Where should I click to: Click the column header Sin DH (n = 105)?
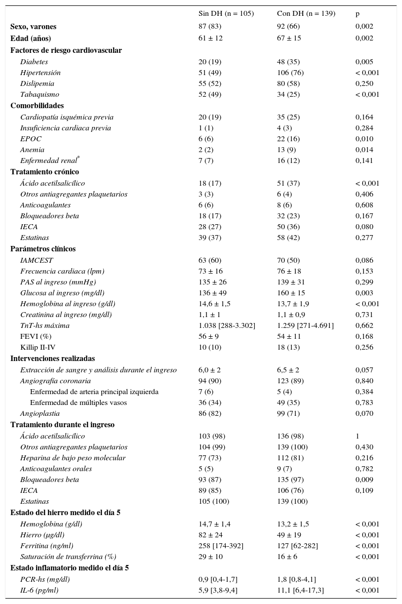[226, 14]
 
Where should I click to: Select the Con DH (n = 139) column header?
[306, 14]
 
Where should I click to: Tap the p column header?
[358, 14]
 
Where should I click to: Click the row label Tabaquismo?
[40, 94]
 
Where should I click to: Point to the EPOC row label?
[31, 139]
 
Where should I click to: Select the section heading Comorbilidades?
[37, 106]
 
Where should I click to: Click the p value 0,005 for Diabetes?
[364, 62]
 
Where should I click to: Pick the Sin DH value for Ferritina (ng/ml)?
[221, 546]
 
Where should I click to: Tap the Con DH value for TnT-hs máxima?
[305, 325]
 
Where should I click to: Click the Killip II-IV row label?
[38, 347]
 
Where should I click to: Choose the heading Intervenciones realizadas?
[52, 359]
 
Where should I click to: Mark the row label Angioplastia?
[40, 413]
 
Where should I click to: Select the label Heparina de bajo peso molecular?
[73, 458]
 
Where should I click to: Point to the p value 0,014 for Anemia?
[364, 150]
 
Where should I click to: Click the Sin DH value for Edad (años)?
[210, 38]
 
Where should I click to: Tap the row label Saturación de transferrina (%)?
[68, 557]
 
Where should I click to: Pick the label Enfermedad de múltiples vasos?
[79, 403]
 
